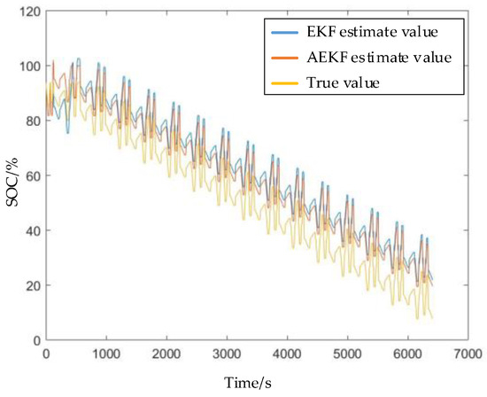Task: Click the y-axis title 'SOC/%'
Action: coord(10,177)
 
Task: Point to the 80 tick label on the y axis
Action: coord(30,121)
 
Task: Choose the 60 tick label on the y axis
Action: coord(30,175)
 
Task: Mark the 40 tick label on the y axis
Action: coord(30,230)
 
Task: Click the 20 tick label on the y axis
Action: coord(30,285)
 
